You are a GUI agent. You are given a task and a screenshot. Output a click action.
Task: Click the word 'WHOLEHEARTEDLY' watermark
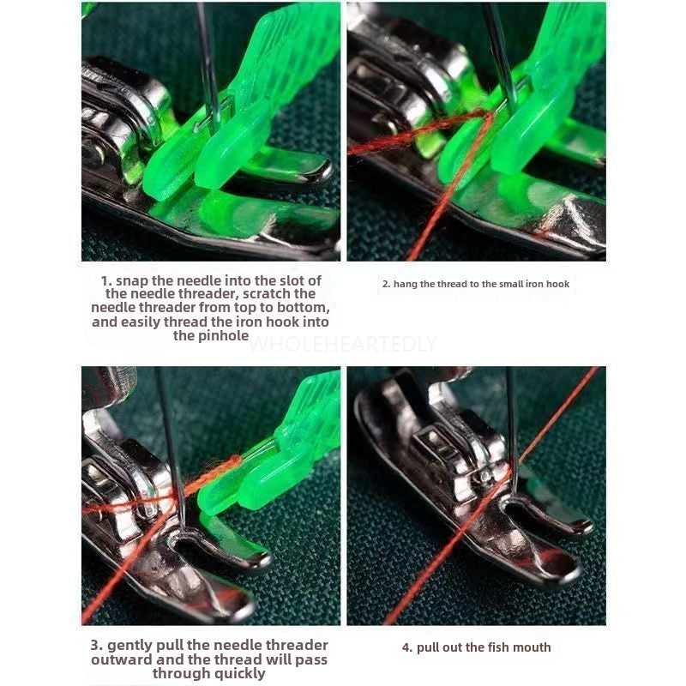(x=342, y=344)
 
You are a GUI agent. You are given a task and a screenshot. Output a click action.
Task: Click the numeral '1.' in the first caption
(x=106, y=280)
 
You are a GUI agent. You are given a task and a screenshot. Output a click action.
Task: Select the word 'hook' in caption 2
(x=558, y=284)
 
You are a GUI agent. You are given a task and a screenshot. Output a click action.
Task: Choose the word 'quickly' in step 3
(x=238, y=674)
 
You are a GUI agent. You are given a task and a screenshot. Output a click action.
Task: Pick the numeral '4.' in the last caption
(x=407, y=647)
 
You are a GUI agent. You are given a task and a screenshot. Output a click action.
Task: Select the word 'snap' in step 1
(x=131, y=281)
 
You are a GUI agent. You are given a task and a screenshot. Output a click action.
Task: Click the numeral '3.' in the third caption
(x=97, y=646)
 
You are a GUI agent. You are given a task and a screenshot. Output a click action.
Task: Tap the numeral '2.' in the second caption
(x=387, y=285)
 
